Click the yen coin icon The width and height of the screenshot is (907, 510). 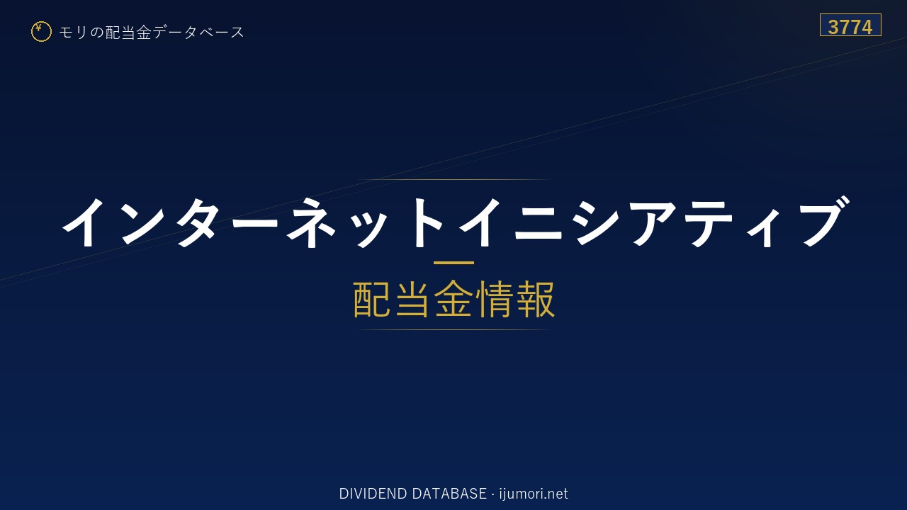click(x=41, y=32)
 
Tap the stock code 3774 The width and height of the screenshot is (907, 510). click(x=850, y=27)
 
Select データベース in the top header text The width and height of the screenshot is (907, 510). click(x=198, y=32)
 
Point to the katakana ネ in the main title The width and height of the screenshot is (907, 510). click(x=311, y=222)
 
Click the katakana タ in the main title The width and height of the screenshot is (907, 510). click(x=198, y=222)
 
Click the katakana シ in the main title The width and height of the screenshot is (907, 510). click(x=596, y=222)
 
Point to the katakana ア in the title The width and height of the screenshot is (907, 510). click(x=652, y=223)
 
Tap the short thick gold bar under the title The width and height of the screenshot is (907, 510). click(x=453, y=263)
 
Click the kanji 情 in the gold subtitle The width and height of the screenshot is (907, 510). click(x=494, y=300)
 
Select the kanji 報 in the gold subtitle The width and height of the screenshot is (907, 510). click(x=535, y=300)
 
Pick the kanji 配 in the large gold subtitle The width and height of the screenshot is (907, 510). click(x=372, y=300)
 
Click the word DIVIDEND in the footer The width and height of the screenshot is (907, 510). click(x=373, y=494)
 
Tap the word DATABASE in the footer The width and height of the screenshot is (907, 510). click(x=449, y=494)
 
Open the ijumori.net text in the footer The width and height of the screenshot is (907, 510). click(x=534, y=494)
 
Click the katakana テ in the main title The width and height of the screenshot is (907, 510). click(x=709, y=223)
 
